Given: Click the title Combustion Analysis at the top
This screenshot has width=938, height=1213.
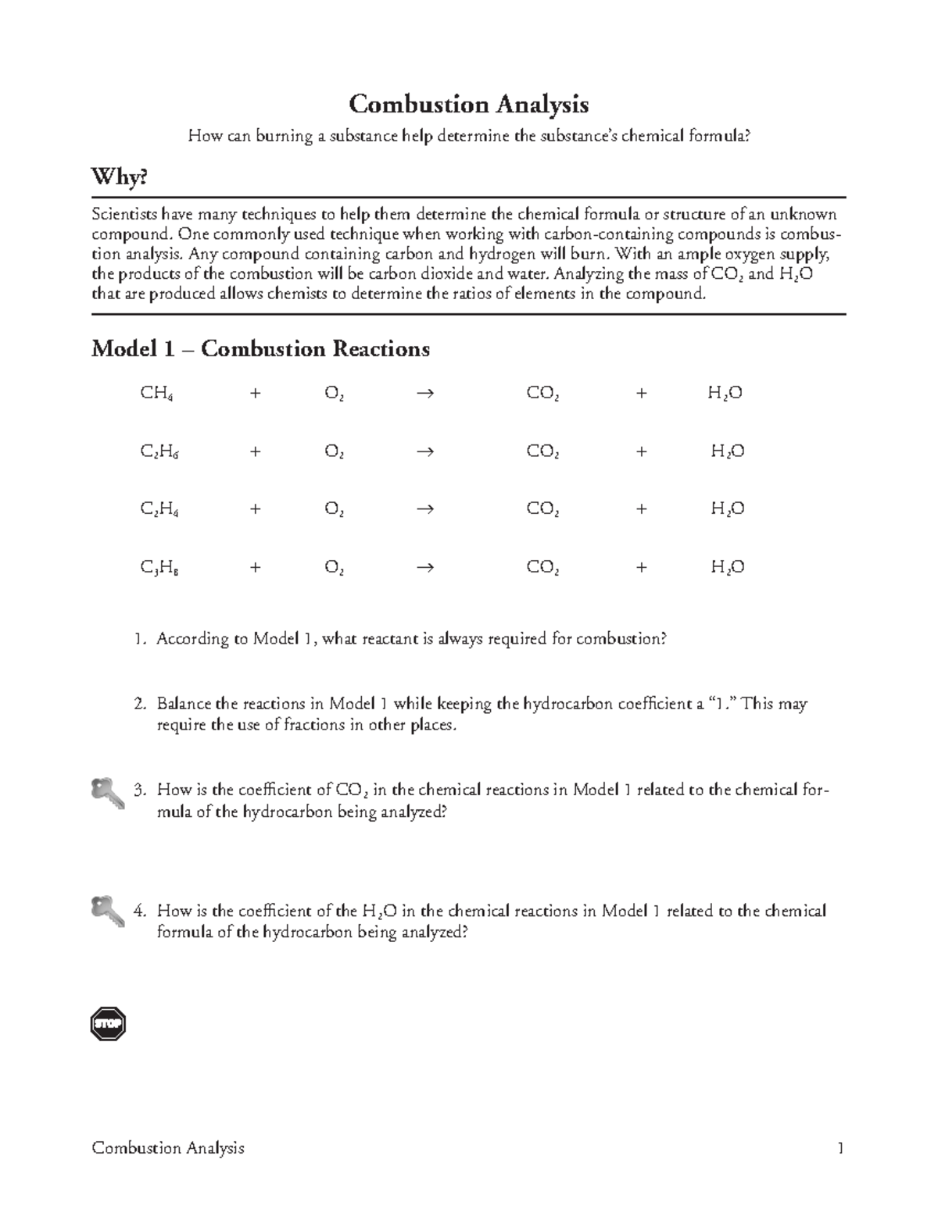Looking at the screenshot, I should click(x=468, y=104).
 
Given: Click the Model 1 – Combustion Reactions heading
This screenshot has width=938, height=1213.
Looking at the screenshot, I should click(x=260, y=348).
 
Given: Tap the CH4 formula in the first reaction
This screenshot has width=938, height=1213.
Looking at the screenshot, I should click(x=156, y=394).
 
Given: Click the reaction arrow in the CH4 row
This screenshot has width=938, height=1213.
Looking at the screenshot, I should click(x=425, y=394).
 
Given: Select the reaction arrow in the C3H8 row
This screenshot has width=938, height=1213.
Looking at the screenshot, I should click(x=425, y=568).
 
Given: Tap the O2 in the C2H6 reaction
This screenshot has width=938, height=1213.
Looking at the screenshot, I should click(x=335, y=451).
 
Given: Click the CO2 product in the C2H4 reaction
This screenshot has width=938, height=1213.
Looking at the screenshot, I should click(x=542, y=509).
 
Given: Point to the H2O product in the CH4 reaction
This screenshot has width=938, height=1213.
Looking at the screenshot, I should click(x=725, y=394).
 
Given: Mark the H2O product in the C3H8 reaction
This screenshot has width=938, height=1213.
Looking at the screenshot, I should click(x=727, y=568).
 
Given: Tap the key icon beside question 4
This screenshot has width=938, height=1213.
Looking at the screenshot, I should click(x=107, y=911).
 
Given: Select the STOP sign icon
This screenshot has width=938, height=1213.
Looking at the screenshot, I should click(x=108, y=1024).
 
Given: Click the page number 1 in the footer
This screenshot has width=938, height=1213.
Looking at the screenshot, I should click(x=840, y=1148).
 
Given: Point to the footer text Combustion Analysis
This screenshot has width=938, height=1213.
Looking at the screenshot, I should click(x=168, y=1148).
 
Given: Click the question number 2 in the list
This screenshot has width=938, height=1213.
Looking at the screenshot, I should click(x=138, y=704).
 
